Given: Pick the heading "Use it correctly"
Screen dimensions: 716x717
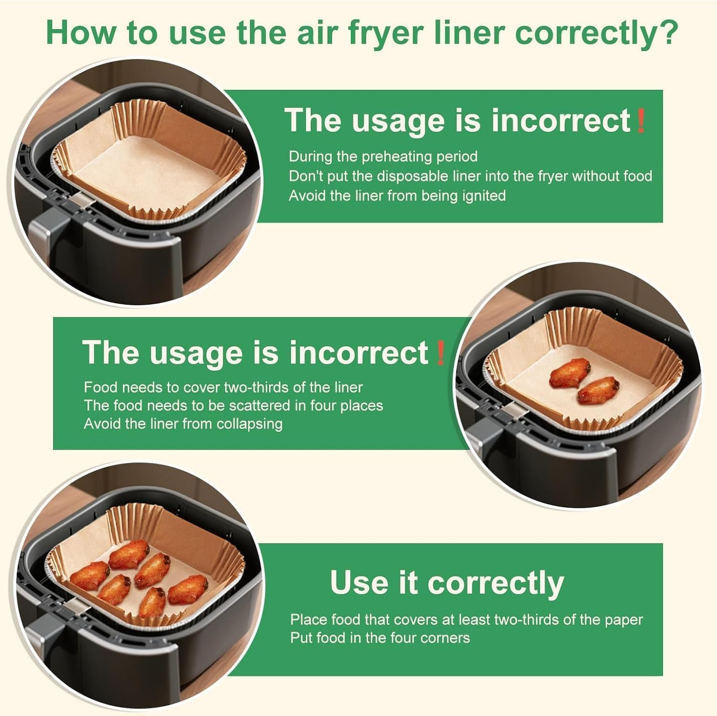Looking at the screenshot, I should click(x=447, y=583).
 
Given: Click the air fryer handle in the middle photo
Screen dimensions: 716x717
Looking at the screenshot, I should click(x=483, y=432).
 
